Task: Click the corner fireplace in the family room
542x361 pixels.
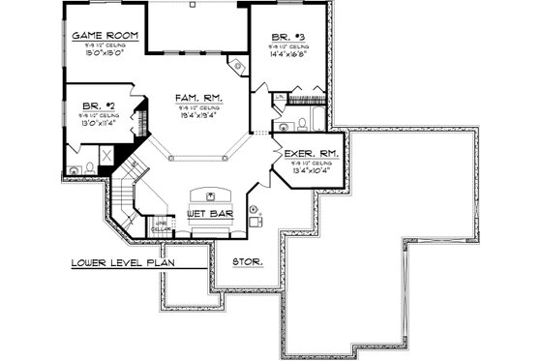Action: [x=233, y=64]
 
